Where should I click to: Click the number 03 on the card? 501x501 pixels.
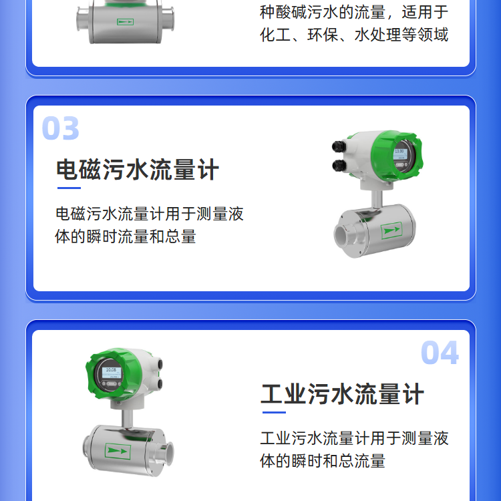[x=60, y=128]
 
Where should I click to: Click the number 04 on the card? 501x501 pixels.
[x=440, y=353]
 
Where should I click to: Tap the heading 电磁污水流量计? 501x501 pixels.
[x=138, y=170]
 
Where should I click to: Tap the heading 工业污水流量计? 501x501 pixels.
[x=343, y=394]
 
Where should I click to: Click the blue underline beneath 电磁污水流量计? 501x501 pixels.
[x=69, y=188]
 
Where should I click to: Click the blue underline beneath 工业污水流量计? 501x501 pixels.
[x=274, y=412]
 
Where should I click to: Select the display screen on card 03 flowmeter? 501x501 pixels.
[x=400, y=154]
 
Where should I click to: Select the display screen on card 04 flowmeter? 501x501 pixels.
[x=112, y=372]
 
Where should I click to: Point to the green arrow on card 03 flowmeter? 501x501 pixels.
[x=391, y=230]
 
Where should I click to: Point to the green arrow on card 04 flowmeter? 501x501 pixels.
[x=118, y=451]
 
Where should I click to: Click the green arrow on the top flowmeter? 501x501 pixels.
[x=125, y=22]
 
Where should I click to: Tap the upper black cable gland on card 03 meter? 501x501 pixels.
[x=339, y=146]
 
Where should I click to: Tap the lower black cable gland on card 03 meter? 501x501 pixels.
[x=339, y=166]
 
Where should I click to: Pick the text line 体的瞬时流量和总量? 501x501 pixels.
[x=126, y=236]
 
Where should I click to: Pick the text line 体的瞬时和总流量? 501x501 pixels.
[x=323, y=461]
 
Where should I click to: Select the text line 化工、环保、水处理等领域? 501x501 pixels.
[x=354, y=35]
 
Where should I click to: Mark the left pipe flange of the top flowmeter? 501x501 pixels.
[x=81, y=20]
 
